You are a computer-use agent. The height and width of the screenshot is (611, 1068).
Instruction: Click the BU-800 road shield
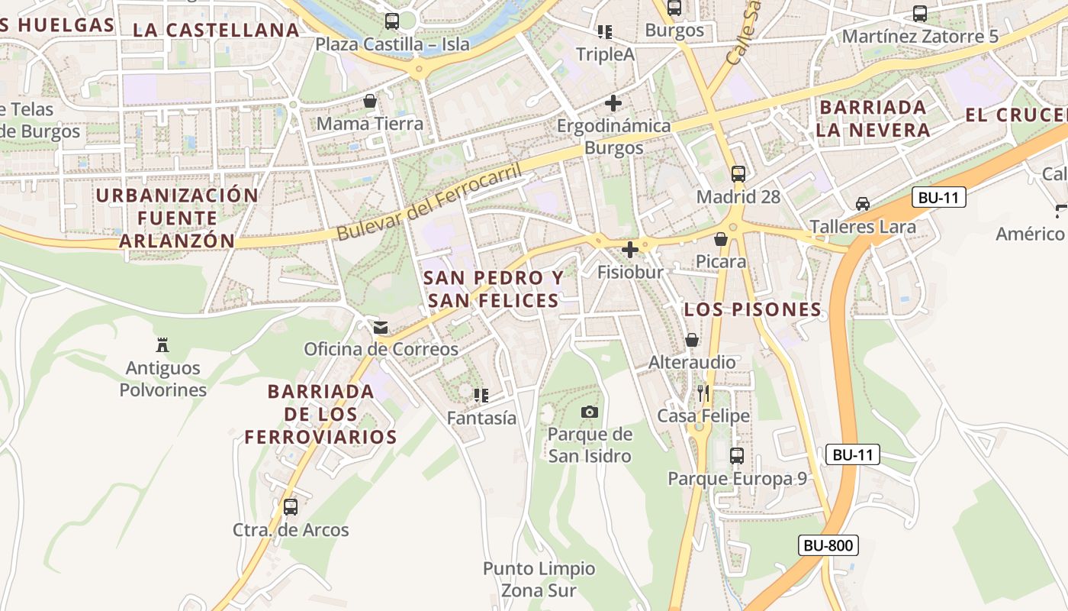click(828, 545)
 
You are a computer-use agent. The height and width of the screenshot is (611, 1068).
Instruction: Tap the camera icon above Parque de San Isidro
click(589, 412)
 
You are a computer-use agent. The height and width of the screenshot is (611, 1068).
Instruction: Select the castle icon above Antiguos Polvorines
click(162, 345)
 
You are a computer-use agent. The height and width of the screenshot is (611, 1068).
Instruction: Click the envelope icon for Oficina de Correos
click(380, 328)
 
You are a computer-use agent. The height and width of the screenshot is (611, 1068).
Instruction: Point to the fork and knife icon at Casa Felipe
click(703, 393)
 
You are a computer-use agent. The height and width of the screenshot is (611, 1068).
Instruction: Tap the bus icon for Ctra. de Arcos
click(290, 507)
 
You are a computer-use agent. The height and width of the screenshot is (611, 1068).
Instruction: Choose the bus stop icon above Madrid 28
click(738, 173)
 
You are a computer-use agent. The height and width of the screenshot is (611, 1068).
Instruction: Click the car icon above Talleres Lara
click(862, 204)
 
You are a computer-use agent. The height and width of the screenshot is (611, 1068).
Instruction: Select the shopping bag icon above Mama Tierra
click(370, 101)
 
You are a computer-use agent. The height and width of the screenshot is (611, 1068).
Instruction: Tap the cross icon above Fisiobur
click(630, 250)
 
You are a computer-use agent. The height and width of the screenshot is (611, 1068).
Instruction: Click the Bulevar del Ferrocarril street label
click(430, 202)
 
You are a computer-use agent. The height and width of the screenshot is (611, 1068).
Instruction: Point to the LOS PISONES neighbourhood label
click(752, 309)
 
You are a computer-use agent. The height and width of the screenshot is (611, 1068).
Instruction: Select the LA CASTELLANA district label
click(216, 30)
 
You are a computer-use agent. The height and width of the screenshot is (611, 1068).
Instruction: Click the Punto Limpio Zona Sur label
click(539, 580)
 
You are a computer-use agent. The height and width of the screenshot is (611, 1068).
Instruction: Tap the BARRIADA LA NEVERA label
click(873, 118)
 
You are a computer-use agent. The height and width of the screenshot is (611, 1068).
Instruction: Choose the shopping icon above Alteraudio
click(692, 339)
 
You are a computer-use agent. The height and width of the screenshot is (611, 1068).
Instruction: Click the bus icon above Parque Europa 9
click(737, 456)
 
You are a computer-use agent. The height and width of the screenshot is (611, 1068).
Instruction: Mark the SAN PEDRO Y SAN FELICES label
click(494, 289)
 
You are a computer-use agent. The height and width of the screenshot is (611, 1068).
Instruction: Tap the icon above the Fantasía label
click(481, 395)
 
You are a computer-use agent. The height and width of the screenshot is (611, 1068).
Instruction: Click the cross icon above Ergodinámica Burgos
click(613, 102)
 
